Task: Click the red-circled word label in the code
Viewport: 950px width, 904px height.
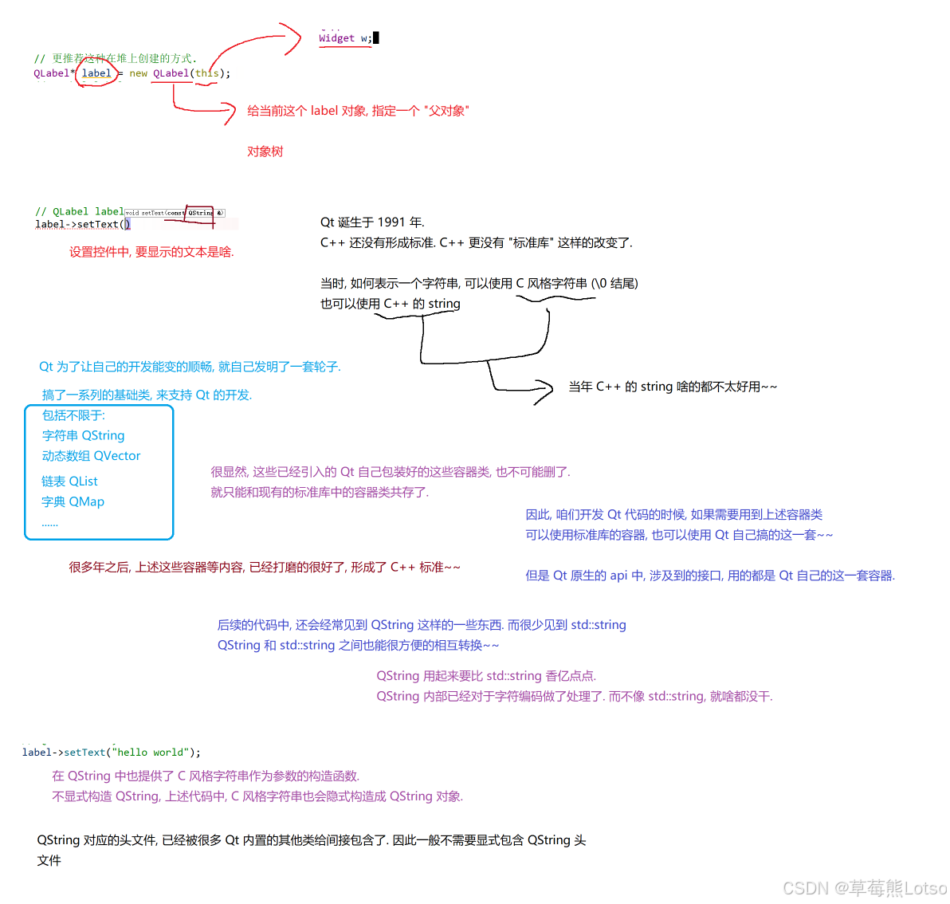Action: coord(96,73)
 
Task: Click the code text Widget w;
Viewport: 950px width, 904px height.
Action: coord(345,38)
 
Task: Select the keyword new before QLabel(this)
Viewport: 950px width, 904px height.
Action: coord(138,73)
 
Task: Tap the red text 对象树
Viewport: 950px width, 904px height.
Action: coord(265,151)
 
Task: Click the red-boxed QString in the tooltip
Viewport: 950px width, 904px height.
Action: coord(200,213)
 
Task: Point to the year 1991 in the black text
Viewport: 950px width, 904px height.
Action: coord(391,222)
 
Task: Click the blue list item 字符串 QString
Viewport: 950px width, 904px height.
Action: coord(83,435)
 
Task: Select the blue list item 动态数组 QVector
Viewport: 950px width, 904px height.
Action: coord(91,456)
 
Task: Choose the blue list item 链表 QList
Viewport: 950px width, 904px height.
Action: coord(69,481)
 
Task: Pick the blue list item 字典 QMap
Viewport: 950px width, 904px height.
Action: coord(73,501)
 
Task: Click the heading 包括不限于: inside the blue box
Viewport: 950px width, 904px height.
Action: coord(73,415)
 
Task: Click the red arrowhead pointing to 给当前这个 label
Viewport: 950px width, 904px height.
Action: coord(230,112)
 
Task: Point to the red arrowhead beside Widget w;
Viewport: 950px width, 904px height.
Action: coord(296,37)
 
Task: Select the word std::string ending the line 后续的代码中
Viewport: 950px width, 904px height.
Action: coord(599,625)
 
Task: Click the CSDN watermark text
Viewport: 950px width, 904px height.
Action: coord(864,888)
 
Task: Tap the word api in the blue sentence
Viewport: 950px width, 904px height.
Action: coord(618,576)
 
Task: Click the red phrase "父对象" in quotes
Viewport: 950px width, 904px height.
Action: coord(446,111)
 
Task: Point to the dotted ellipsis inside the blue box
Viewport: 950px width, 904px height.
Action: coord(49,524)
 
